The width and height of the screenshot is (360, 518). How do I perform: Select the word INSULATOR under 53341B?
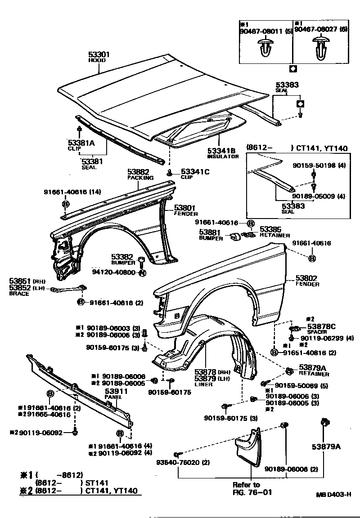point(223,156)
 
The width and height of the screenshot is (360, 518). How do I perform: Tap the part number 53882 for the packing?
point(138,172)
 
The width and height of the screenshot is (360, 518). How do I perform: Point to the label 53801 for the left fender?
point(184,208)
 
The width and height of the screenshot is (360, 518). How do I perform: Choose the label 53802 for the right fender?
point(306,278)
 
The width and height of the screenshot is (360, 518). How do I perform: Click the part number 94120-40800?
point(115,272)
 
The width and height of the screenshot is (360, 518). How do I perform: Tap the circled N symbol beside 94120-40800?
point(142,272)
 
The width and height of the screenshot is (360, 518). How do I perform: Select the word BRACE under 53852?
point(19,294)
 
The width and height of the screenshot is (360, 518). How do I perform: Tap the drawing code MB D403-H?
point(333,494)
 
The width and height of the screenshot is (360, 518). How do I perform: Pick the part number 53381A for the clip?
point(81,143)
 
